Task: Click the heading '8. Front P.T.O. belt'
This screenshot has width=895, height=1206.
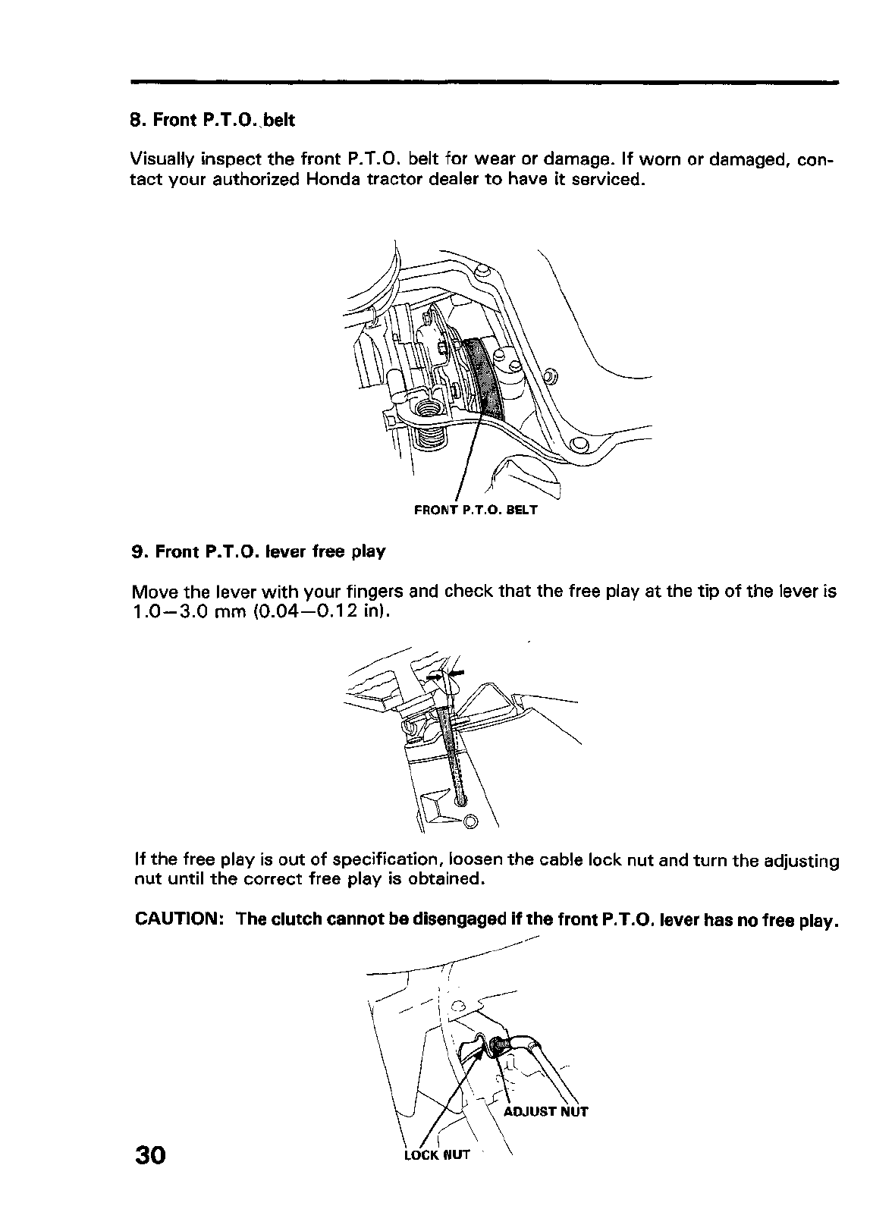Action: [212, 121]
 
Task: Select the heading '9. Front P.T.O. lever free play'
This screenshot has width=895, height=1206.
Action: [258, 551]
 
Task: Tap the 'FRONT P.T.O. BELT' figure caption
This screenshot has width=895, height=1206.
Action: [476, 510]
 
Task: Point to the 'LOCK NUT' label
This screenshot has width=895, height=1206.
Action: [437, 1154]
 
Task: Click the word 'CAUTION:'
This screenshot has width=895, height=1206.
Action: [178, 919]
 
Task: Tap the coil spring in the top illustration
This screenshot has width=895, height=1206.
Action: [429, 435]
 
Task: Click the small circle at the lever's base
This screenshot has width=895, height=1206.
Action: [469, 820]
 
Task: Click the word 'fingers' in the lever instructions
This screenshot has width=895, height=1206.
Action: [375, 592]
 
